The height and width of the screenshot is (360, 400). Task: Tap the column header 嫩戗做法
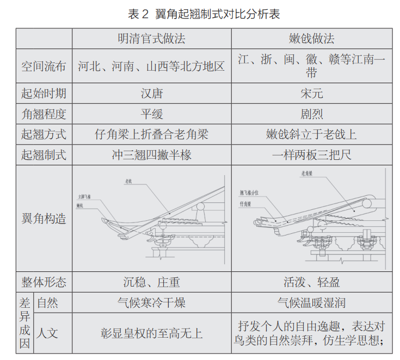click(x=311, y=39)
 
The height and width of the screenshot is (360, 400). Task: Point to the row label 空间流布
click(x=44, y=66)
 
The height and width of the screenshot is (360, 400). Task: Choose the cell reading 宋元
click(x=311, y=94)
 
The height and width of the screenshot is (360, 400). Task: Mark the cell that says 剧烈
click(x=311, y=114)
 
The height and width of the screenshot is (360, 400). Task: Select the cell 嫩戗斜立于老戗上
click(x=311, y=134)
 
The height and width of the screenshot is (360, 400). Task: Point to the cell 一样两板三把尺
click(x=311, y=155)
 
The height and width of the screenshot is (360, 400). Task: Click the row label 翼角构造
click(x=44, y=219)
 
